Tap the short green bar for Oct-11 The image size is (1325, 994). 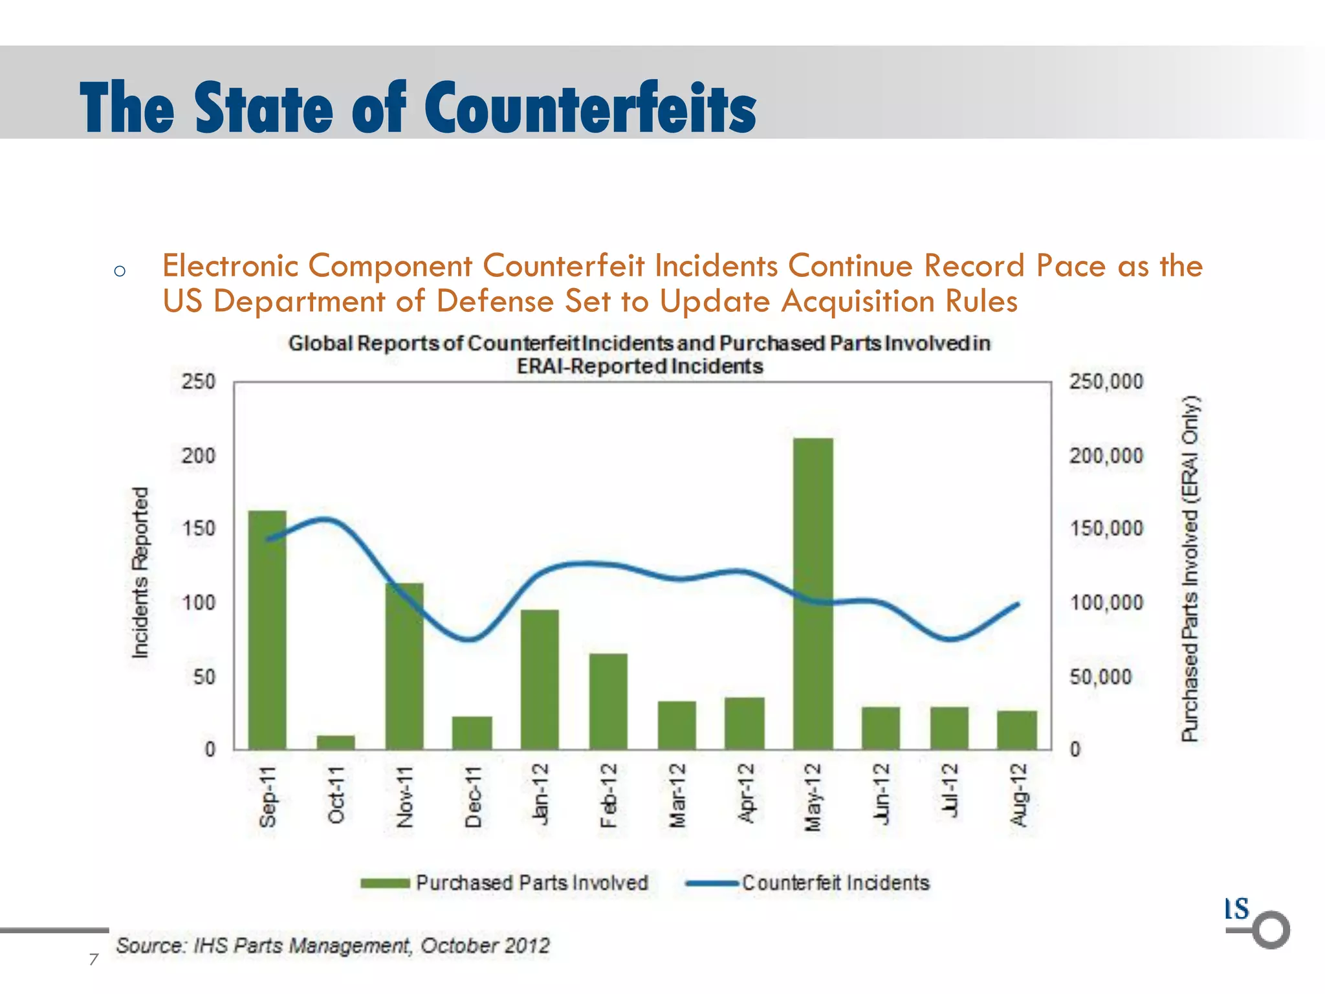point(336,742)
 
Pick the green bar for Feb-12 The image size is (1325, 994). point(608,701)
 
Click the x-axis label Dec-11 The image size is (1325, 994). point(473,797)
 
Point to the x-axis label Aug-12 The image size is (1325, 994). point(1019,795)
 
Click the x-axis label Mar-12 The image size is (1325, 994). point(677,796)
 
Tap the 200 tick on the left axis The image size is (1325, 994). point(198,456)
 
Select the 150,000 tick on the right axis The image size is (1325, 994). point(1106,529)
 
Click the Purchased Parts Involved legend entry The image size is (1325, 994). point(505,883)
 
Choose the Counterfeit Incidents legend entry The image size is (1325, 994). point(808,883)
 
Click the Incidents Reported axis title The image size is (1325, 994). point(140,573)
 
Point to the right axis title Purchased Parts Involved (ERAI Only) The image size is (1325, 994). point(1190,568)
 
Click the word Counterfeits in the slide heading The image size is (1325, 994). point(590,108)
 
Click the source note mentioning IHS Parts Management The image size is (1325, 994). point(333,945)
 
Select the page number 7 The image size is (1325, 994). point(94,959)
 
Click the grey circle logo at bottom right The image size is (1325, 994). point(1271,930)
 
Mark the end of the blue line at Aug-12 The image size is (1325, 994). point(1018,604)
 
